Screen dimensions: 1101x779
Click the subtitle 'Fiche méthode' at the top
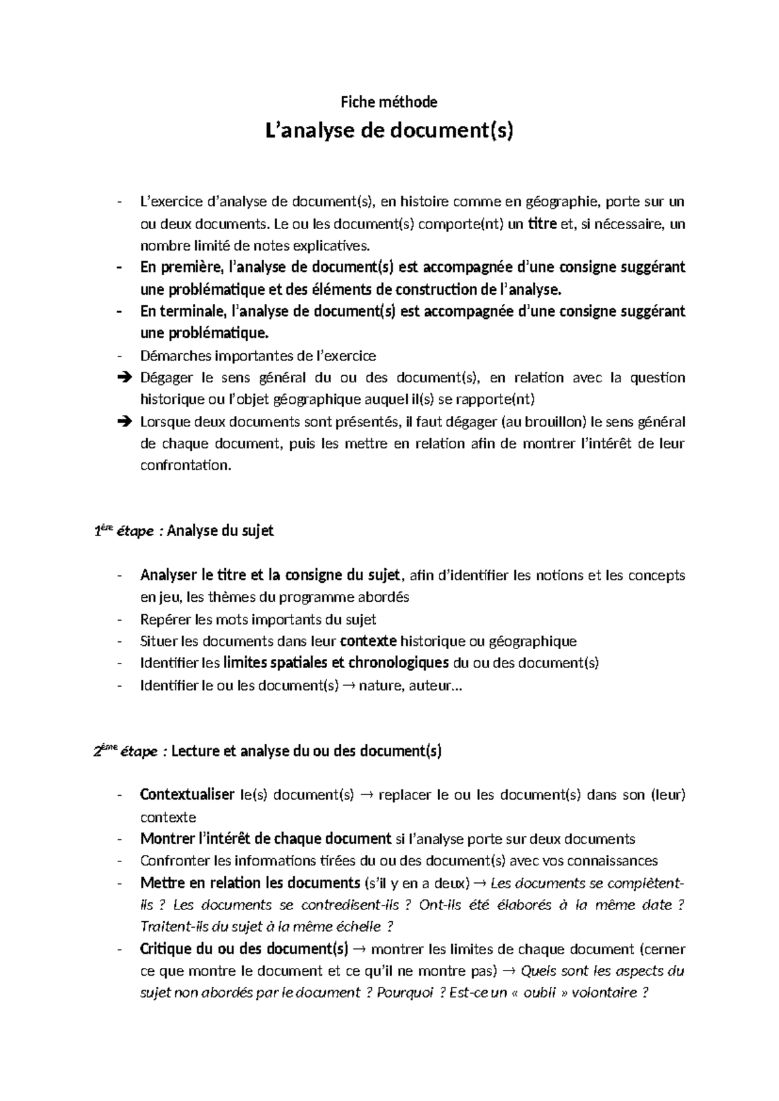pyautogui.click(x=389, y=102)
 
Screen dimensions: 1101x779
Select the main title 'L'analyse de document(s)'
pyautogui.click(x=389, y=131)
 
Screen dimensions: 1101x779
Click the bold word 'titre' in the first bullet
pyautogui.click(x=541, y=225)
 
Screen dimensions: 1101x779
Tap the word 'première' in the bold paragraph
pyautogui.click(x=190, y=267)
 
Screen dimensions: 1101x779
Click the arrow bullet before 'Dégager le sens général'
pyautogui.click(x=125, y=378)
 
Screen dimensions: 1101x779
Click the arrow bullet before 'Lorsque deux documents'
pyautogui.click(x=125, y=422)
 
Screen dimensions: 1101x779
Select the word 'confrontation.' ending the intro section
pyautogui.click(x=186, y=465)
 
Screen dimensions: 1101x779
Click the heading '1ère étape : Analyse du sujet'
pyautogui.click(x=184, y=531)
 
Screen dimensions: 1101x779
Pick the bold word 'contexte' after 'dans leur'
pyautogui.click(x=368, y=641)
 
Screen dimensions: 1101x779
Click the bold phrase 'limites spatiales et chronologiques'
pyautogui.click(x=336, y=663)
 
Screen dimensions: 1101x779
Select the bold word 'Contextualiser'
pyautogui.click(x=187, y=795)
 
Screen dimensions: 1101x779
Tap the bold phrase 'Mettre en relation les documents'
pyautogui.click(x=250, y=883)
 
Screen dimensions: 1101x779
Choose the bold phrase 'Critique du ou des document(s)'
pyautogui.click(x=244, y=949)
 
